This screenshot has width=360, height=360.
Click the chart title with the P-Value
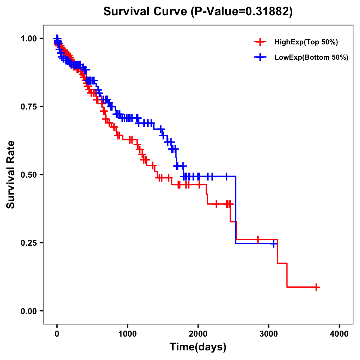(198, 11)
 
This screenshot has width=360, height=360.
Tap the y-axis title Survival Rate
(11, 174)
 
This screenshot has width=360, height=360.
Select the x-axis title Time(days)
(198, 347)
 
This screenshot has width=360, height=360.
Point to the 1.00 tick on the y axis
(28, 38)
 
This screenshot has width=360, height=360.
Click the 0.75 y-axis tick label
(28, 106)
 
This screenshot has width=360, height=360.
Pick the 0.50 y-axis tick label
(28, 175)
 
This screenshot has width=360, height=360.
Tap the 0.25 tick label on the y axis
(28, 243)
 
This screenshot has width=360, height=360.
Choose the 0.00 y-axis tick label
(28, 311)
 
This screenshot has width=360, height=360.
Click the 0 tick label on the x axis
(57, 334)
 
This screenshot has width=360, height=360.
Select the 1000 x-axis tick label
(127, 334)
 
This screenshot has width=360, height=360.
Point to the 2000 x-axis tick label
(198, 334)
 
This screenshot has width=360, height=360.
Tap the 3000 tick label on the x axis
(269, 334)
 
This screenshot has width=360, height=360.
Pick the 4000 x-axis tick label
(339, 334)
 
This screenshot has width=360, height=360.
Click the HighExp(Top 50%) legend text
(306, 42)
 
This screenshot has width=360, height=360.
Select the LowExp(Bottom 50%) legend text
(311, 58)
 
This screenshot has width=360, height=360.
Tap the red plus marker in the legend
(260, 42)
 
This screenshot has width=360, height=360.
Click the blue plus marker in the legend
(260, 57)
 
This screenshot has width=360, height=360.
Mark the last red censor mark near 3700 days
(316, 287)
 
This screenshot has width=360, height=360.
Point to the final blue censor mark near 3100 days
(273, 243)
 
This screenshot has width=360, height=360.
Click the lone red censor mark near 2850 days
(258, 239)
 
